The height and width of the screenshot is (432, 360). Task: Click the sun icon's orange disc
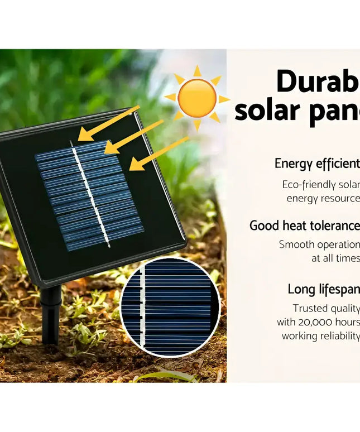pos(197,98)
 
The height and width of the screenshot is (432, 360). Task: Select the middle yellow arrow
pos(134,137)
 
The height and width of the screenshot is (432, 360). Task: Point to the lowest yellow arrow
pos(159,153)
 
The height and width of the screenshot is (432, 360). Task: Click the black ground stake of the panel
pos(50,315)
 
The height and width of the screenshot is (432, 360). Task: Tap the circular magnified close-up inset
pos(170,307)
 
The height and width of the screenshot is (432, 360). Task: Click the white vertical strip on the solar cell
pos(89,193)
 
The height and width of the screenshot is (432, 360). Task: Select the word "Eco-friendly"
pos(309,185)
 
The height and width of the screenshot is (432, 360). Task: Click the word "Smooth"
pos(297,244)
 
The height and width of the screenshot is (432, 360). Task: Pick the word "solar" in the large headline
pos(267,111)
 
